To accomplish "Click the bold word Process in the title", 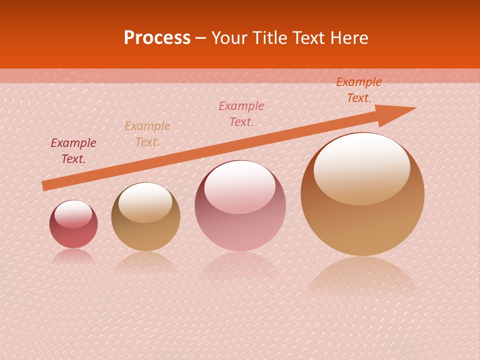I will click(157, 38).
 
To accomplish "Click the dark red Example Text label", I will click(73, 150).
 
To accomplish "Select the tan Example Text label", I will click(147, 133).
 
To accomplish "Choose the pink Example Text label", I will click(241, 113).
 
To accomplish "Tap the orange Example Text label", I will click(358, 90).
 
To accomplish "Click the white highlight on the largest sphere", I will click(361, 167).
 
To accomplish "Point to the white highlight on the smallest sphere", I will click(73, 214).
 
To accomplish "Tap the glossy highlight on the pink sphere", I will click(240, 186).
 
